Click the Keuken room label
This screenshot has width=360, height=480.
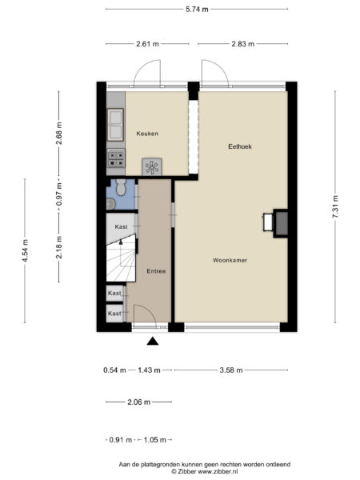[146, 134]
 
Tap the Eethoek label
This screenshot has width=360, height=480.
[240, 146]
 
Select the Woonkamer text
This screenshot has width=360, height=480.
[230, 261]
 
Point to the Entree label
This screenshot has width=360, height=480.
[156, 271]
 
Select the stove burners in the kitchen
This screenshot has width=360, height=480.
[115, 158]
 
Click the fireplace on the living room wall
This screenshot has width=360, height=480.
[280, 223]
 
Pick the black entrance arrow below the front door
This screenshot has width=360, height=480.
[153, 342]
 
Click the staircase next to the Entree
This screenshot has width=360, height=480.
[119, 262]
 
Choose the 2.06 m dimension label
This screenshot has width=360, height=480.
[138, 402]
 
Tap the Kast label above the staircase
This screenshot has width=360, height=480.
[121, 227]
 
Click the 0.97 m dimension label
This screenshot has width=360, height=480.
[58, 198]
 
